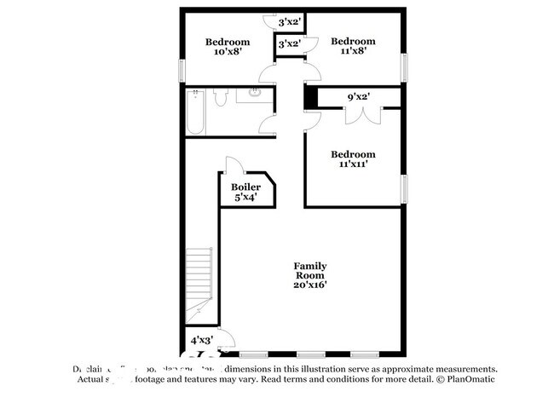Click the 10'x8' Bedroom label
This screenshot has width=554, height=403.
(x=228, y=47)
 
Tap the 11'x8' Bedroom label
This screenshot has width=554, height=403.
(x=353, y=47)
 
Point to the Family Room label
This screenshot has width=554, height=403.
(x=310, y=275)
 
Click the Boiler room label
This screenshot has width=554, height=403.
(x=245, y=192)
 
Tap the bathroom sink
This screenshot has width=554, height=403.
(x=253, y=95)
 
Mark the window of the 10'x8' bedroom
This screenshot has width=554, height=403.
(x=181, y=69)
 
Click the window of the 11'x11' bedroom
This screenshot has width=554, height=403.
(x=406, y=185)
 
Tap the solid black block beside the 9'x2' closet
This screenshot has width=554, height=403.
(x=311, y=99)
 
